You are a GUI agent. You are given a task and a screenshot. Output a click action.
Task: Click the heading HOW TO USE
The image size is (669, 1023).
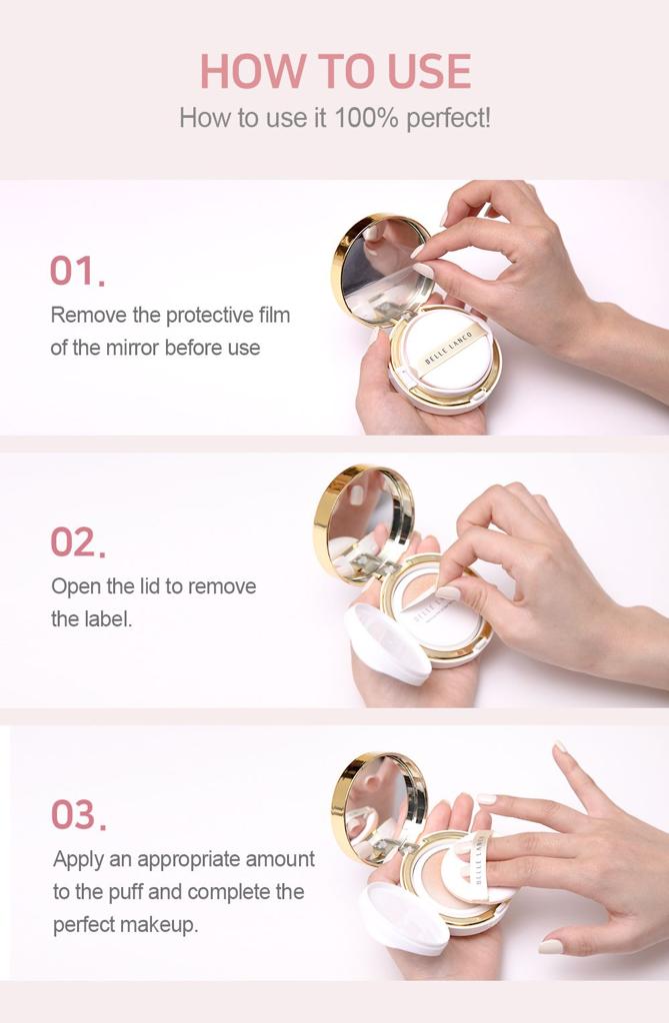[x=335, y=71]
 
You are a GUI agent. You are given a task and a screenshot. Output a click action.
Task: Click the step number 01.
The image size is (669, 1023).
[x=77, y=270]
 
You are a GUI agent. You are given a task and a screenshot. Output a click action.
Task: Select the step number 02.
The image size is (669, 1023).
[x=78, y=542]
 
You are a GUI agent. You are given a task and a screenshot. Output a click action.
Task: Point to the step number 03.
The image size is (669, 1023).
[x=78, y=815]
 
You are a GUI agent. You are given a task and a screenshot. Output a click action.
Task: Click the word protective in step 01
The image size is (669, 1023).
[x=209, y=315]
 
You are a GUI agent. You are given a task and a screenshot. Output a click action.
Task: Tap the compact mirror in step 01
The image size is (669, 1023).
[x=383, y=270]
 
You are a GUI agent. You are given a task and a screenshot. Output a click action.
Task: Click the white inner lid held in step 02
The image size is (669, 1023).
[x=387, y=643]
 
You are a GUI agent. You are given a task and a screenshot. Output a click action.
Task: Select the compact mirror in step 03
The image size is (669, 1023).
[x=379, y=809]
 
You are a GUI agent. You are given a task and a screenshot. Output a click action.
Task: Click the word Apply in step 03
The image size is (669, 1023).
[x=78, y=860]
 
